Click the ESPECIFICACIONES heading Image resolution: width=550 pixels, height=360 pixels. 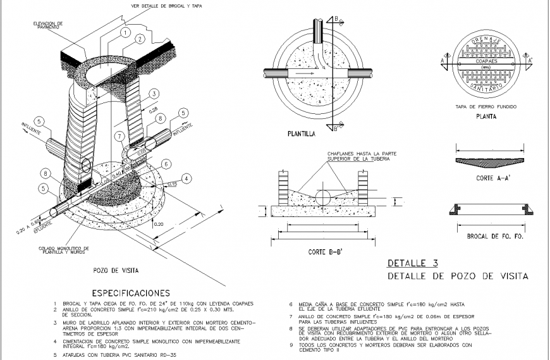[131, 293]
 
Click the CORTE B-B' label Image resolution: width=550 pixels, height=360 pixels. [326, 252]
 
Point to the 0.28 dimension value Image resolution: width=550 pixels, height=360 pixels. [154, 109]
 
